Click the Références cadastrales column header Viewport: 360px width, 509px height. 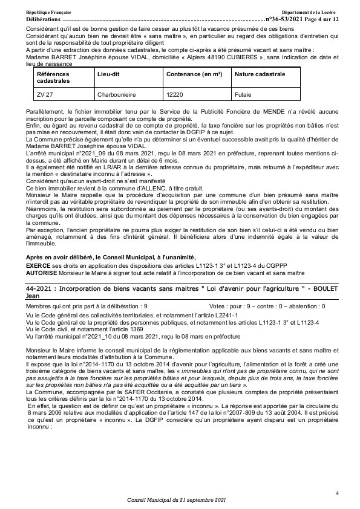coord(53,77)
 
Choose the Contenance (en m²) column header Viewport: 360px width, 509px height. coord(194,73)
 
